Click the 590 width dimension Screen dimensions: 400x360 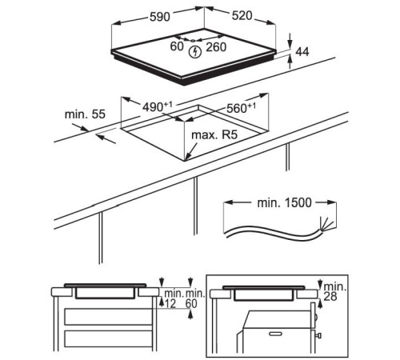[x=159, y=17]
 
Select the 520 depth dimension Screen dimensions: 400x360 [x=242, y=16]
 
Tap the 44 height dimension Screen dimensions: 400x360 [x=302, y=52]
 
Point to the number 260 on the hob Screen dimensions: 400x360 [x=216, y=47]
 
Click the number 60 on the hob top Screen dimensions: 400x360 [x=177, y=46]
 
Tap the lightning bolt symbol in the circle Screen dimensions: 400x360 [x=195, y=52]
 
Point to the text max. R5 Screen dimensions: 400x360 [x=214, y=135]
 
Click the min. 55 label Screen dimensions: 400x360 [x=85, y=114]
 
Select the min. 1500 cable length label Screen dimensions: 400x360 [x=284, y=202]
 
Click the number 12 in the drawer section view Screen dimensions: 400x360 [x=170, y=303]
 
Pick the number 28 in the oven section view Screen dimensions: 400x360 [x=330, y=296]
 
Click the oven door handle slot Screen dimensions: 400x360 [x=275, y=334]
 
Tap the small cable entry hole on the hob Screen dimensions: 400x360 [x=193, y=41]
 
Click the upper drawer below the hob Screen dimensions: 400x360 [x=108, y=317]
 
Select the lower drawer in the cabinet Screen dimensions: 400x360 [x=108, y=338]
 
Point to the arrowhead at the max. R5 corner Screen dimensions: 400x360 [x=186, y=158]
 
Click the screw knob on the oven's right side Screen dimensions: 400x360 [x=318, y=335]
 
